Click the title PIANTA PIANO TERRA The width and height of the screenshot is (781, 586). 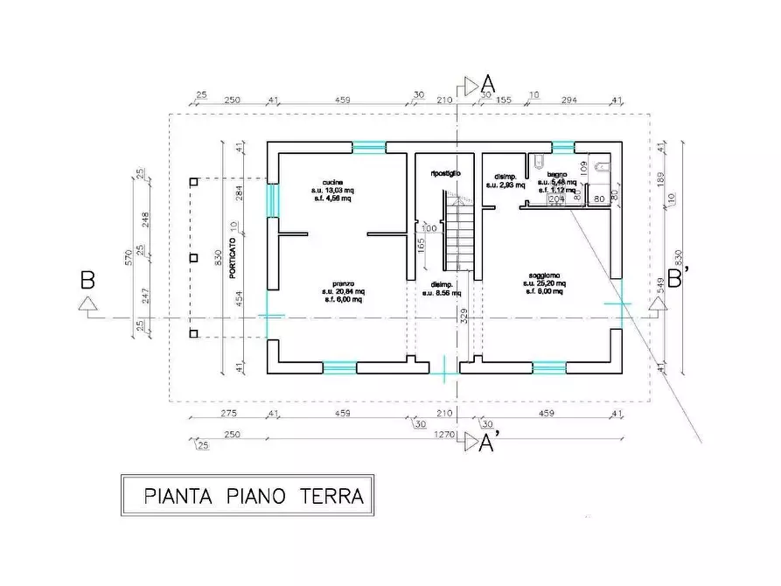point(248,497)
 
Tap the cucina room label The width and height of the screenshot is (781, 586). point(331,182)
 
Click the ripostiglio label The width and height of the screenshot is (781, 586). point(445,173)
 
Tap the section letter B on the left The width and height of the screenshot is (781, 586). point(87,281)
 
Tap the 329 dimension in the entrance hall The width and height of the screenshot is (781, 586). point(464,316)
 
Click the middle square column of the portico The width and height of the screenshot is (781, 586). point(194,258)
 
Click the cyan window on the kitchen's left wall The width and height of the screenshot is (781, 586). point(272,199)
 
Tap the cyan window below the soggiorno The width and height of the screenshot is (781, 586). point(548,367)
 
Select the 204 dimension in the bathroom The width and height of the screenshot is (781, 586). point(554,199)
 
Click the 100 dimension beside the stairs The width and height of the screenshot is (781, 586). point(429,228)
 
